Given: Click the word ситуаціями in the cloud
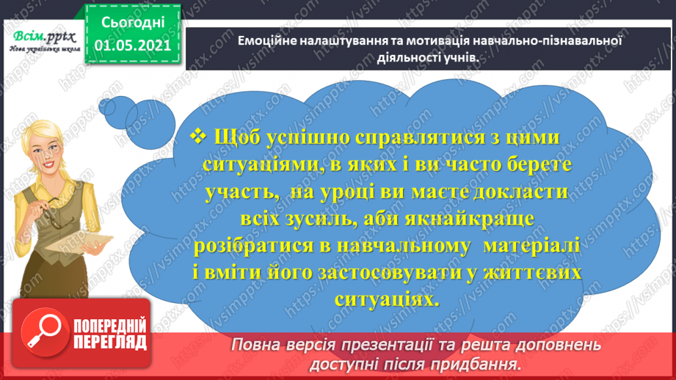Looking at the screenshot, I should click(x=258, y=165).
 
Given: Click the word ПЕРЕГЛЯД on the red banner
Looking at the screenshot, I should click(x=110, y=342).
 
